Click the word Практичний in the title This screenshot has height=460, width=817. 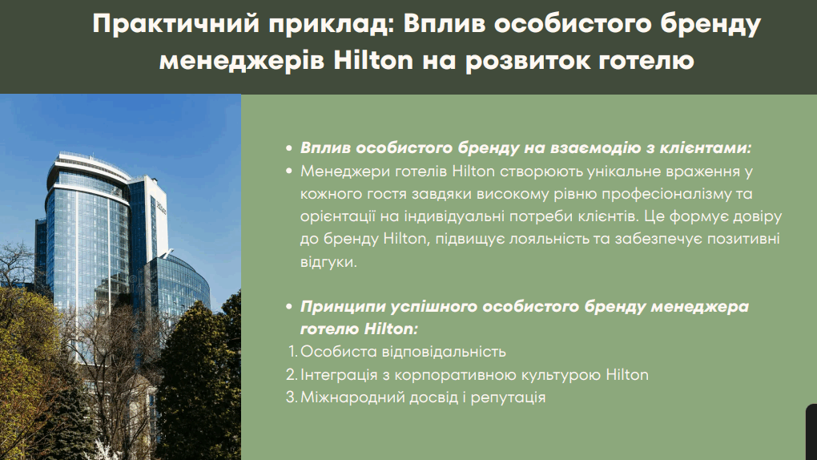pyautogui.click(x=175, y=25)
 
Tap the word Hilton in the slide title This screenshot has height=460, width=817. pyautogui.click(x=373, y=60)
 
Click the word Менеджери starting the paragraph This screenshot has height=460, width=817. pyautogui.click(x=345, y=172)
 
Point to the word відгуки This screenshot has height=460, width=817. pyautogui.click(x=328, y=261)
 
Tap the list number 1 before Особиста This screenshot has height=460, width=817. pyautogui.click(x=292, y=352)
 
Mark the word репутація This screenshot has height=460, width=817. pyautogui.click(x=508, y=398)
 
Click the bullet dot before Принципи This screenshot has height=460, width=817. pyautogui.click(x=289, y=307)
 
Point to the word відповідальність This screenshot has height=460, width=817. pyautogui.click(x=444, y=352)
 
